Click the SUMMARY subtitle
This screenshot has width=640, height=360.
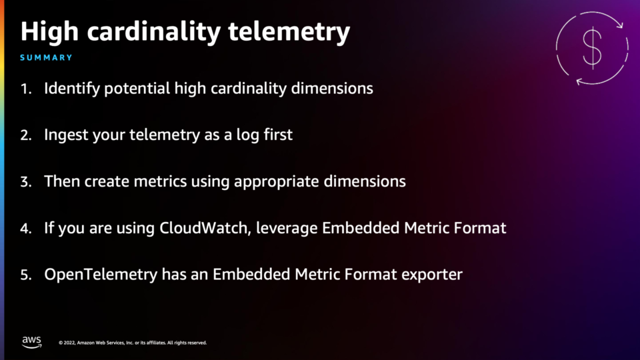[x=46, y=58]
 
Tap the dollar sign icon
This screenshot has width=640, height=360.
[x=592, y=48]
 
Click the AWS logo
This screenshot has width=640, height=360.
[x=31, y=342]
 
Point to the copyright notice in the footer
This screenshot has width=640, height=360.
[x=133, y=343]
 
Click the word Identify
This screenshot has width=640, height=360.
[x=72, y=89]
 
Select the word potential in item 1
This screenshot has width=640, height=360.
[x=137, y=89]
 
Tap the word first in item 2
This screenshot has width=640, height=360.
[x=278, y=135]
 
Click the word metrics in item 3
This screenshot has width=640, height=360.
[x=161, y=181]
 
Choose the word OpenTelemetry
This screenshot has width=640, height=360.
[x=101, y=275]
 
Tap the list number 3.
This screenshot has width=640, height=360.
[x=26, y=182]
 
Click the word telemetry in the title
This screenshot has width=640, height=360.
[x=289, y=32]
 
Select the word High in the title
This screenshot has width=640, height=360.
[x=49, y=32]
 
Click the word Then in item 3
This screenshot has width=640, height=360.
[x=62, y=181]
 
